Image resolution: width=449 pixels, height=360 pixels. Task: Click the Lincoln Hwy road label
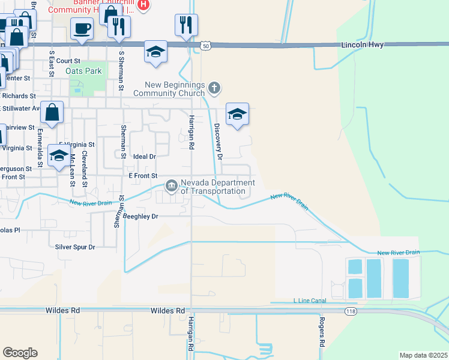(361, 44)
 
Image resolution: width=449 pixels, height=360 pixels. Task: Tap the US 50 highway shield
(205, 46)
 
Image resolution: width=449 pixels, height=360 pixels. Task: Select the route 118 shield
(351, 311)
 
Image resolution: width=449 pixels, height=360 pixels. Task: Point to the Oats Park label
(85, 71)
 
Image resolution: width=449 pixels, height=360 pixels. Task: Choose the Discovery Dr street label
(218, 142)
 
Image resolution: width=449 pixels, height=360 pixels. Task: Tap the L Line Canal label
(309, 300)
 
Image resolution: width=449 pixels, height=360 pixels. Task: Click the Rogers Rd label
(322, 334)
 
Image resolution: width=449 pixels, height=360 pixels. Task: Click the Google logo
(20, 353)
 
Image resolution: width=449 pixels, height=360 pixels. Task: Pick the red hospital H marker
(143, 5)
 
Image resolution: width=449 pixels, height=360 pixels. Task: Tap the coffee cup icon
(82, 28)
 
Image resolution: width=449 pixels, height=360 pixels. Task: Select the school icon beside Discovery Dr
(237, 114)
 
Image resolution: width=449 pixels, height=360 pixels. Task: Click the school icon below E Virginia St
(58, 156)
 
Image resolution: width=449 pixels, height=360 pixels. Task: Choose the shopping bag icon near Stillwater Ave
(52, 112)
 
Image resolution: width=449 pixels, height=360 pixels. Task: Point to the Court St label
(68, 61)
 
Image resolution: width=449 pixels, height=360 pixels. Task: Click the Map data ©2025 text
(423, 355)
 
